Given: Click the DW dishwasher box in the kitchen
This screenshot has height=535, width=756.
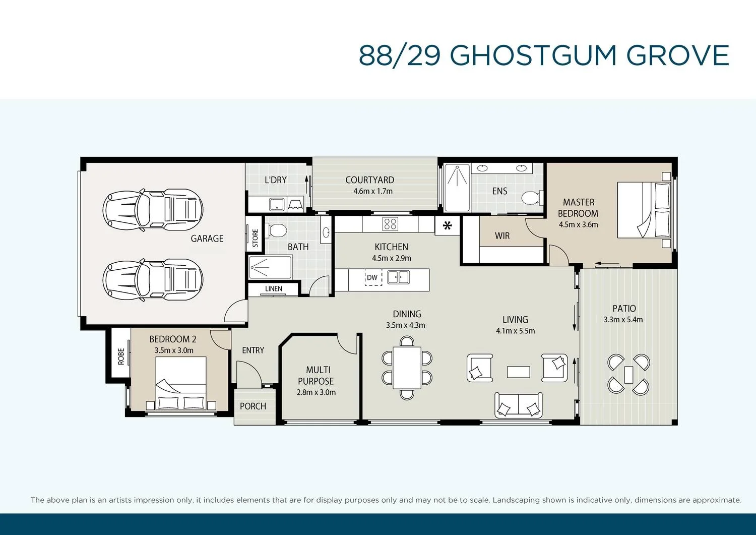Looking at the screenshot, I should click(x=373, y=277).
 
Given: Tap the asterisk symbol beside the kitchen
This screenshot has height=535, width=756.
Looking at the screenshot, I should click(x=447, y=226).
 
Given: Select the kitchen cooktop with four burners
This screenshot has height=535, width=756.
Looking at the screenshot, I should click(x=390, y=223).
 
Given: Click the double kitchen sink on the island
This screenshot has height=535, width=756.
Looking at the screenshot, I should click(x=398, y=277).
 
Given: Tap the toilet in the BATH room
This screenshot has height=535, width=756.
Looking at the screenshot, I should click(x=277, y=230).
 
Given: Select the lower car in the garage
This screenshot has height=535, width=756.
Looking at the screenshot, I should click(x=153, y=279).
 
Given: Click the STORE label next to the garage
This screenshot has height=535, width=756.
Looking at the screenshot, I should click(x=255, y=238).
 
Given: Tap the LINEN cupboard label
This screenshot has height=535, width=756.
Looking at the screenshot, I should click(x=274, y=289).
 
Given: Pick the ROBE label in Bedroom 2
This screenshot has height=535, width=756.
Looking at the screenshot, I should click(x=121, y=356).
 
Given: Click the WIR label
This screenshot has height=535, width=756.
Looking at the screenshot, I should click(x=502, y=236).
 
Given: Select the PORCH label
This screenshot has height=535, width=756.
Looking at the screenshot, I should click(x=253, y=406).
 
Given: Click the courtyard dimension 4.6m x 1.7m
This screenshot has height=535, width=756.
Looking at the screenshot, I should click(x=373, y=192).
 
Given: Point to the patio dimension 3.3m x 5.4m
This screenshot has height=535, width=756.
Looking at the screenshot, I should click(x=623, y=320).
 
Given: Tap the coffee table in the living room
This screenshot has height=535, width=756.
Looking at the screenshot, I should click(x=518, y=372).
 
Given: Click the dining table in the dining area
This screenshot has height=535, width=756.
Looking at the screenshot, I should click(x=407, y=368).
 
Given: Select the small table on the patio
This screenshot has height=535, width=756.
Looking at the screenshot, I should click(x=628, y=374).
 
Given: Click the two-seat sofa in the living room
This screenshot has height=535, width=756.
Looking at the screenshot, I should click(x=519, y=405).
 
